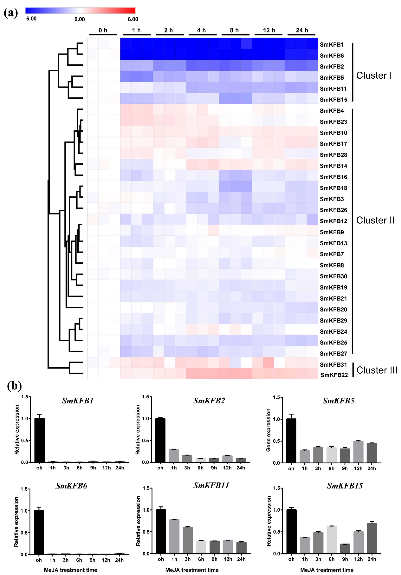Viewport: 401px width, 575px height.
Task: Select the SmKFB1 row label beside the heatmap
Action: click(332, 45)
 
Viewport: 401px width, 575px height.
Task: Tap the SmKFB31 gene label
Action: click(333, 365)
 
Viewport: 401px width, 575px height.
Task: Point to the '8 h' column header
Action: click(234, 30)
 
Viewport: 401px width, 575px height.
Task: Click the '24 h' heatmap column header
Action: click(302, 30)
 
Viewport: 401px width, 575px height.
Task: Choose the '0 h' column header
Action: click(103, 30)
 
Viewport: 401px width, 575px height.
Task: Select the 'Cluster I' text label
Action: click(374, 75)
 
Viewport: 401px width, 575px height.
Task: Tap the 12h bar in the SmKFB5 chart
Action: click(358, 452)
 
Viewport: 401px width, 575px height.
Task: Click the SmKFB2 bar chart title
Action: click(209, 401)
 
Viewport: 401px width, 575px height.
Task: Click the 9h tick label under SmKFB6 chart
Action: click(93, 560)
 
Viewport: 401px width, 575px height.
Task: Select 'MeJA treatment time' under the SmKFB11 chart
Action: click(192, 570)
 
